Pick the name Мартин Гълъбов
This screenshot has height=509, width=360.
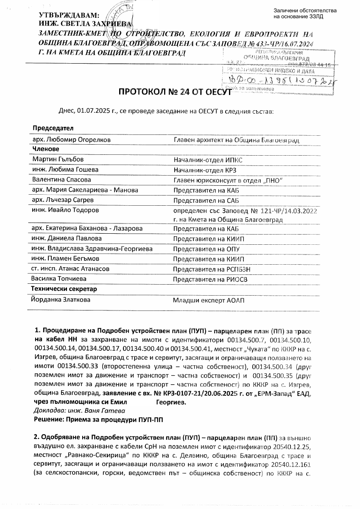58,159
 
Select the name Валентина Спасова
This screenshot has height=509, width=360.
61,180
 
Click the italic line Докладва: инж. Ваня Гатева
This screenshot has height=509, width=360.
79,411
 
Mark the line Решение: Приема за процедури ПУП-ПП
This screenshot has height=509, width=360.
99,419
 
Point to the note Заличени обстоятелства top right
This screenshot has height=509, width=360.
305,13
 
